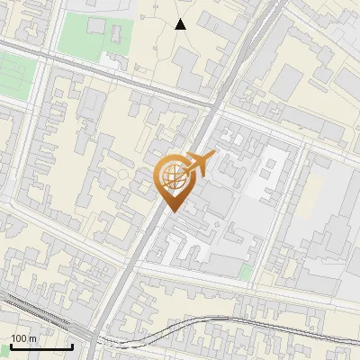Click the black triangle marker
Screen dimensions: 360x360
[x=181, y=24]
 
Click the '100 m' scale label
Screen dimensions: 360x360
[x=23, y=337]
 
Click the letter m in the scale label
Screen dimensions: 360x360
[x=32, y=337]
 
